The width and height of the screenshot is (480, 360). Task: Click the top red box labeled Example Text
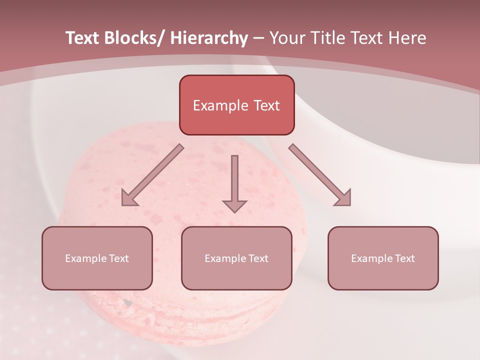[x=236, y=105]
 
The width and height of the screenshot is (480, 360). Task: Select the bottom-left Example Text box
[x=97, y=258]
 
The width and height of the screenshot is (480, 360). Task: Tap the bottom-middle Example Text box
[x=236, y=258]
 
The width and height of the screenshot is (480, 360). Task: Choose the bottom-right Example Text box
[x=383, y=258]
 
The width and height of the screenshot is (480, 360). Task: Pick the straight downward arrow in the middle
[x=234, y=183]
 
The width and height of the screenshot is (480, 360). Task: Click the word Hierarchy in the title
[x=209, y=38]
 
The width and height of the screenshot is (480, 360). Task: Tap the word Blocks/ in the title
[x=134, y=38]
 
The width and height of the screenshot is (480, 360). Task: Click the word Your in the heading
[x=286, y=38]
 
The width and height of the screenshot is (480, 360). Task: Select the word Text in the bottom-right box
[x=404, y=258]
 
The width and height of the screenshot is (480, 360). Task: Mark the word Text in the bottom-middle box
[x=258, y=258]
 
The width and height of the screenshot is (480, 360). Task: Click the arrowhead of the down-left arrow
[x=129, y=198]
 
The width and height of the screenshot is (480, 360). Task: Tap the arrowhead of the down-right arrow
[x=343, y=198]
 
